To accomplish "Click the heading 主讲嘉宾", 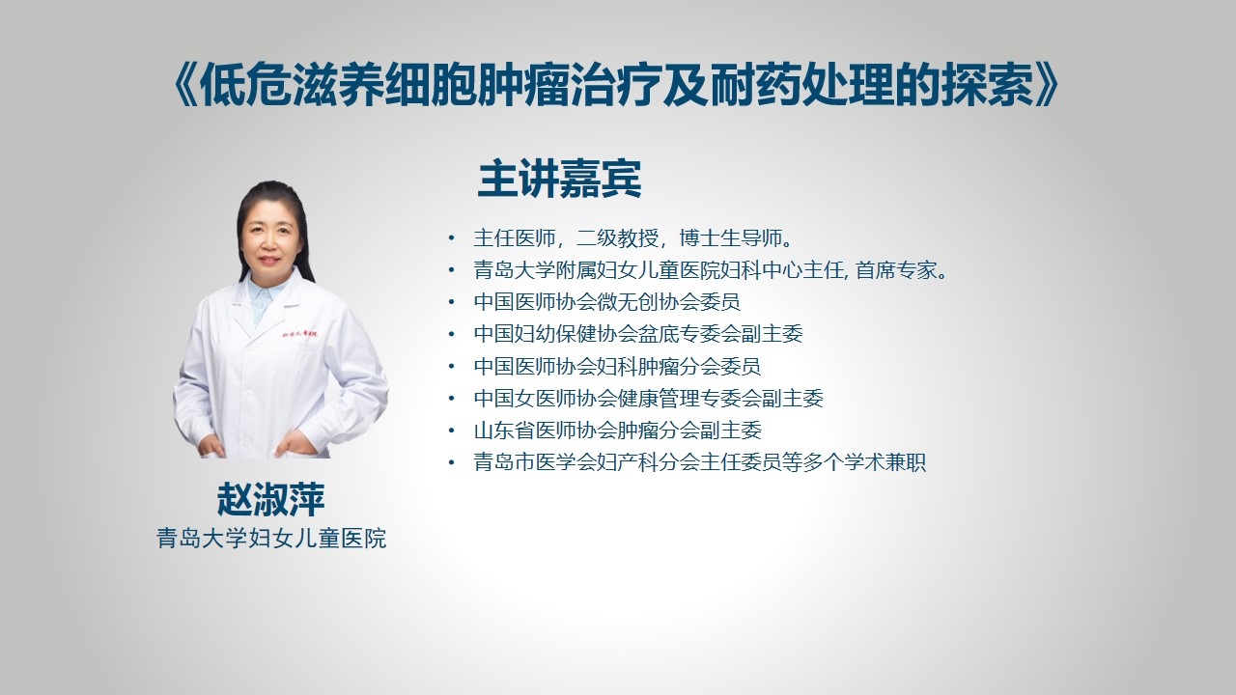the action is click(x=559, y=179).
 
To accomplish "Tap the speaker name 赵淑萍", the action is click(x=271, y=500).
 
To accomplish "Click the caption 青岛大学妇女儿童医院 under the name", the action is click(x=271, y=539).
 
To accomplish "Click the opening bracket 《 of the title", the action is click(x=184, y=85).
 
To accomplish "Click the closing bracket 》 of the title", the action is click(x=1047, y=85).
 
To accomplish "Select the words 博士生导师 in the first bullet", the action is click(x=731, y=238).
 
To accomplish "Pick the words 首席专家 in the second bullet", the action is click(x=896, y=270).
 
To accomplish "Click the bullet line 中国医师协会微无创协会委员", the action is click(x=607, y=302).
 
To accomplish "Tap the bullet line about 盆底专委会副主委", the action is click(x=638, y=334).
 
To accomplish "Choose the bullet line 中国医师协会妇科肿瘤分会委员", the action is click(x=617, y=366).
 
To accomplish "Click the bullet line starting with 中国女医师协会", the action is click(x=648, y=399).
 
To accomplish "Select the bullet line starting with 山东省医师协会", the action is click(x=617, y=431).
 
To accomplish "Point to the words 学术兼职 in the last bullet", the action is click(x=885, y=462).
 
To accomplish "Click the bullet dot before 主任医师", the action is click(x=452, y=238).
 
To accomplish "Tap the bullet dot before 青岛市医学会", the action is click(x=452, y=462).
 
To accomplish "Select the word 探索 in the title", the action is click(x=988, y=85).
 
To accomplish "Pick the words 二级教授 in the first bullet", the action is click(x=617, y=238).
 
